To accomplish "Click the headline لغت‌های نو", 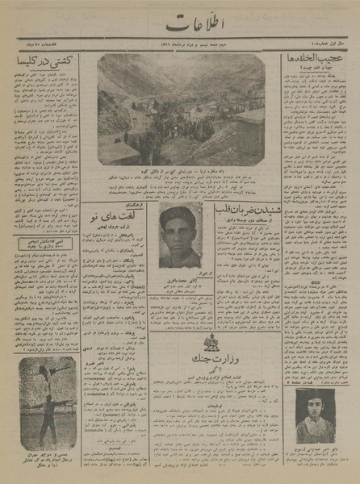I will [x=122, y=217].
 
